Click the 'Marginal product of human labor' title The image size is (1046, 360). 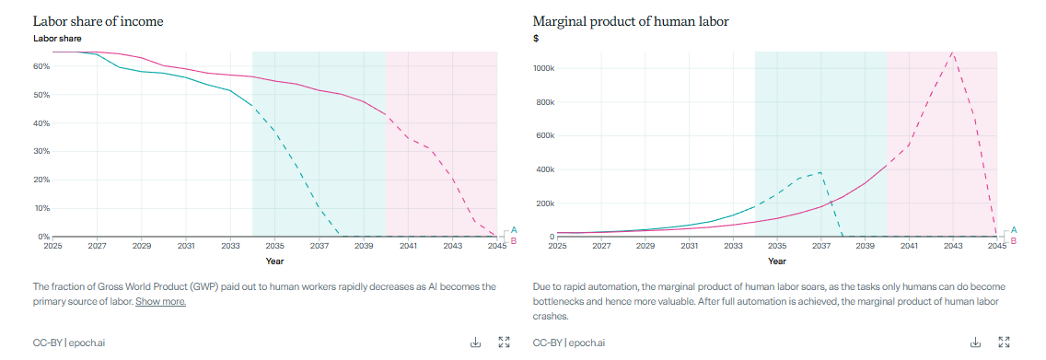(x=631, y=20)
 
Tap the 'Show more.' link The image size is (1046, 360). (x=160, y=301)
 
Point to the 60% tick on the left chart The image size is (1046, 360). (x=41, y=66)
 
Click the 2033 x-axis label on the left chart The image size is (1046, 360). (x=230, y=247)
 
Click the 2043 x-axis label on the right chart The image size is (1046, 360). (x=953, y=247)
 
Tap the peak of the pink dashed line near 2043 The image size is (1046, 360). (x=953, y=52)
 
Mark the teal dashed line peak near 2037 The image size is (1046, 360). (x=819, y=171)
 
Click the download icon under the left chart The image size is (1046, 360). (x=476, y=343)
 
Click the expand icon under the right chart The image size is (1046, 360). (x=1004, y=343)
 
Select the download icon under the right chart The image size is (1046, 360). (x=976, y=343)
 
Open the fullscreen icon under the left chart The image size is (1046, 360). (x=504, y=343)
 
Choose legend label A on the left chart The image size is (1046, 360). (x=514, y=229)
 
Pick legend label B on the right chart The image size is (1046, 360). (x=1014, y=241)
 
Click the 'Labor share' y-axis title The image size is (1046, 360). (x=57, y=39)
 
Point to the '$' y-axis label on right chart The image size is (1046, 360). (x=536, y=39)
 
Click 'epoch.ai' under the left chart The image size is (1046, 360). (x=88, y=343)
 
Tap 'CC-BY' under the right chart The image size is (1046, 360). (x=547, y=343)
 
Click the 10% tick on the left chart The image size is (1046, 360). (x=41, y=208)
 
